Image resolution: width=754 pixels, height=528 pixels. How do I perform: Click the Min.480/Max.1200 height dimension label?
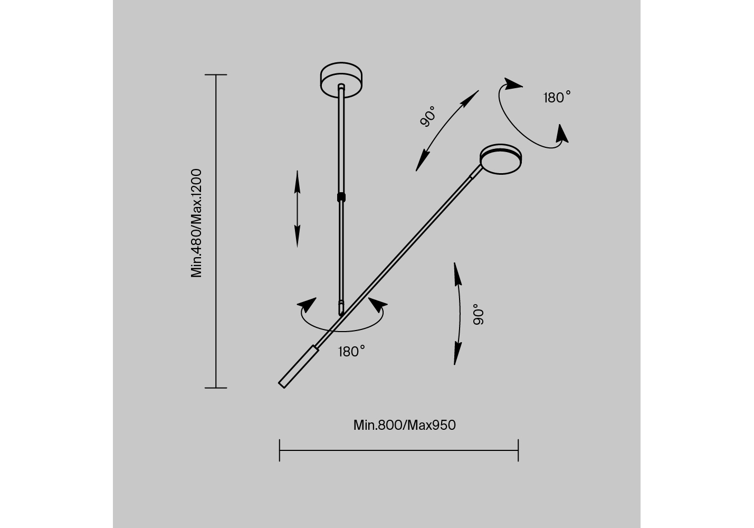coord(196,223)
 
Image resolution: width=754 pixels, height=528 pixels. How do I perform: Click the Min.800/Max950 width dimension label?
coord(404,425)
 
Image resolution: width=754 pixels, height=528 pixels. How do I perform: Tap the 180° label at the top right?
coord(557,97)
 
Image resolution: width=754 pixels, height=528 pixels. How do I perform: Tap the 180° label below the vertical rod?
coord(351,351)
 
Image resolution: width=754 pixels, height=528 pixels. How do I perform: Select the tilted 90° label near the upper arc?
coord(428,116)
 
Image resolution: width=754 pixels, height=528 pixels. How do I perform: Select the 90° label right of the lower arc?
coord(479,315)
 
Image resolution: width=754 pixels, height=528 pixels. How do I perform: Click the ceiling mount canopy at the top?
coord(341,80)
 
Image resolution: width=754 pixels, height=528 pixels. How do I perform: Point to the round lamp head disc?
coord(501,159)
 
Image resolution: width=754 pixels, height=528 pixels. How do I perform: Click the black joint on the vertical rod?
coord(341,197)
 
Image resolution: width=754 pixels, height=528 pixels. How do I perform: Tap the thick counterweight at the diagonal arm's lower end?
coord(298,367)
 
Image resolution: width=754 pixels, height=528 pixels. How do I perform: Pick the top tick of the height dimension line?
coord(216,75)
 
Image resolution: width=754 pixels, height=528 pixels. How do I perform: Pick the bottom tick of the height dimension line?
coord(216,388)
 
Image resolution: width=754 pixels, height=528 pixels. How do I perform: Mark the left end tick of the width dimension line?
coord(279,450)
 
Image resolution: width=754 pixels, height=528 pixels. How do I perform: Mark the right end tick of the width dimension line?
coord(518,450)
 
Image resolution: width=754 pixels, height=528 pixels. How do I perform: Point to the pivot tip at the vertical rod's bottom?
coord(341,308)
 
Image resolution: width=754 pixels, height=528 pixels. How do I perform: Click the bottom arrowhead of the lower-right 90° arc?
coord(457,354)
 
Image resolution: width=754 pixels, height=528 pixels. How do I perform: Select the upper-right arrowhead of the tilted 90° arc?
coord(470,99)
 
